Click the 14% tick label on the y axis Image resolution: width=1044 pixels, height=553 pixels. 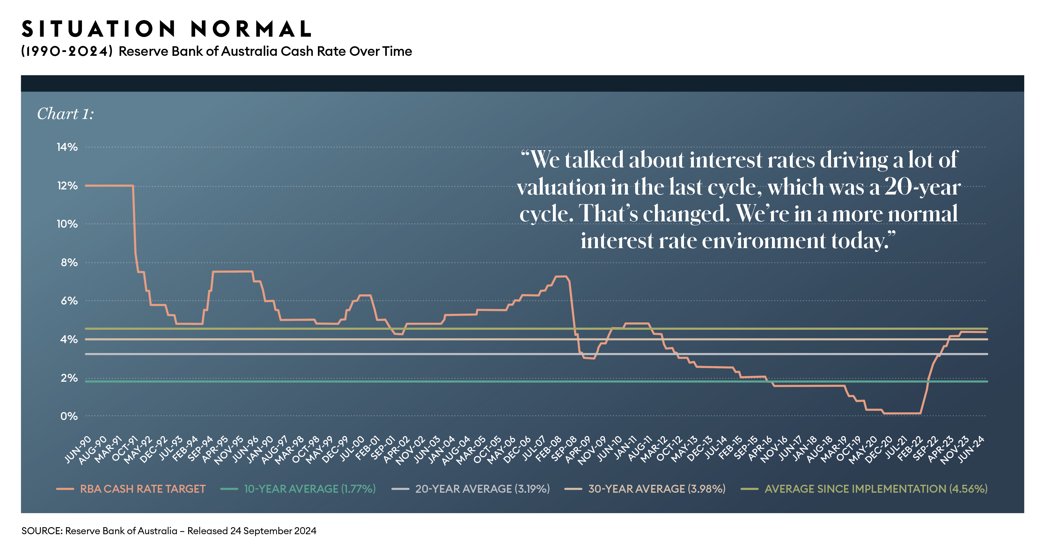[x=67, y=147]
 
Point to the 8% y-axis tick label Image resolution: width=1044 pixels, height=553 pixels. [x=69, y=263]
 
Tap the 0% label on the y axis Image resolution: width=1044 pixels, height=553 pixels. [x=69, y=417]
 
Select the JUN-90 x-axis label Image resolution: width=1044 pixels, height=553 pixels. [x=78, y=450]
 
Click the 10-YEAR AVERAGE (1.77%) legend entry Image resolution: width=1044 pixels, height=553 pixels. [x=310, y=489]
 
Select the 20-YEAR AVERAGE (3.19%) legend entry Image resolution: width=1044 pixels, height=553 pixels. [x=482, y=489]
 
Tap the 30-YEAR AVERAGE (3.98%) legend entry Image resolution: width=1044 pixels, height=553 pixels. [x=657, y=489]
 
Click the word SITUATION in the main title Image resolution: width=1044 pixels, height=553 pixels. [x=99, y=29]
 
